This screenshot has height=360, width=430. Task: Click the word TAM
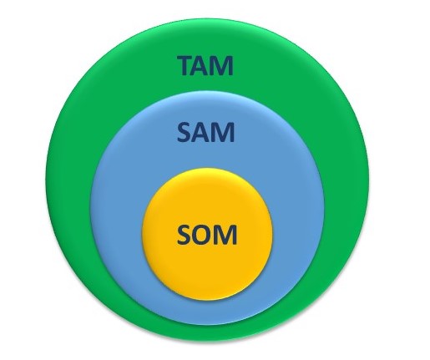click(205, 65)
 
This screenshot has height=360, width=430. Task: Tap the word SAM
click(205, 132)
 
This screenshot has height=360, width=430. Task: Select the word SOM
click(207, 235)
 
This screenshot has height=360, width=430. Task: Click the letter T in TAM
click(186, 65)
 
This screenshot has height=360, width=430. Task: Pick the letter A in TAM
click(203, 65)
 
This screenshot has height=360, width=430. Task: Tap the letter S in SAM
click(184, 132)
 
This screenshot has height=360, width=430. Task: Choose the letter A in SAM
click(202, 132)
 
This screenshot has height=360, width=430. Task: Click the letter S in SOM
click(184, 235)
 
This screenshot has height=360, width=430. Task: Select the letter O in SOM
click(203, 235)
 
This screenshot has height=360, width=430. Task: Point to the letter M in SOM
click(226, 235)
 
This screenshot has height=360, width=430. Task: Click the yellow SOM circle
click(207, 267)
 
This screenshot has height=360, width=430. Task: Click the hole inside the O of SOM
click(203, 235)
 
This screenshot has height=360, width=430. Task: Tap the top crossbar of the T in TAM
click(186, 58)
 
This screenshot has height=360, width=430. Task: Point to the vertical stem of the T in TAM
click(186, 68)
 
